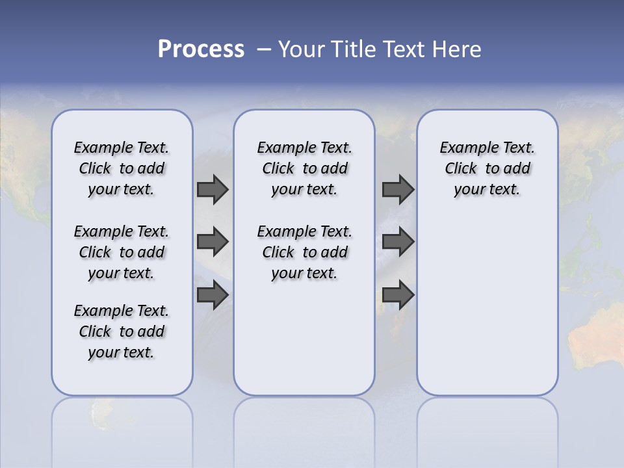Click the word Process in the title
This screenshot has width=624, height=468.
201,49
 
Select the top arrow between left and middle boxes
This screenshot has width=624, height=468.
213,190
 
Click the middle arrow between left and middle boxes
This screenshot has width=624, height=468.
213,242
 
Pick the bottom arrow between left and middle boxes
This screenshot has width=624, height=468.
213,294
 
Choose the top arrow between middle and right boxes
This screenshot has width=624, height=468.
398,190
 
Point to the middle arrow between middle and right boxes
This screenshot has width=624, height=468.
398,242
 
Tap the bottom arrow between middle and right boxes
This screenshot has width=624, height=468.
398,294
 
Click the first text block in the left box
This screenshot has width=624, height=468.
122,168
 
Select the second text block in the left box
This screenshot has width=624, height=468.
122,252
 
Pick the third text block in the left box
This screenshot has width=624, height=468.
122,331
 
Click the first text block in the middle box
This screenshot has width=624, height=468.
304,168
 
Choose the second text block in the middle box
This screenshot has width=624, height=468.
304,252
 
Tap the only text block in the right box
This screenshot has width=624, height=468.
487,168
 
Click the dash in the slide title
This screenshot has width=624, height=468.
264,49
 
